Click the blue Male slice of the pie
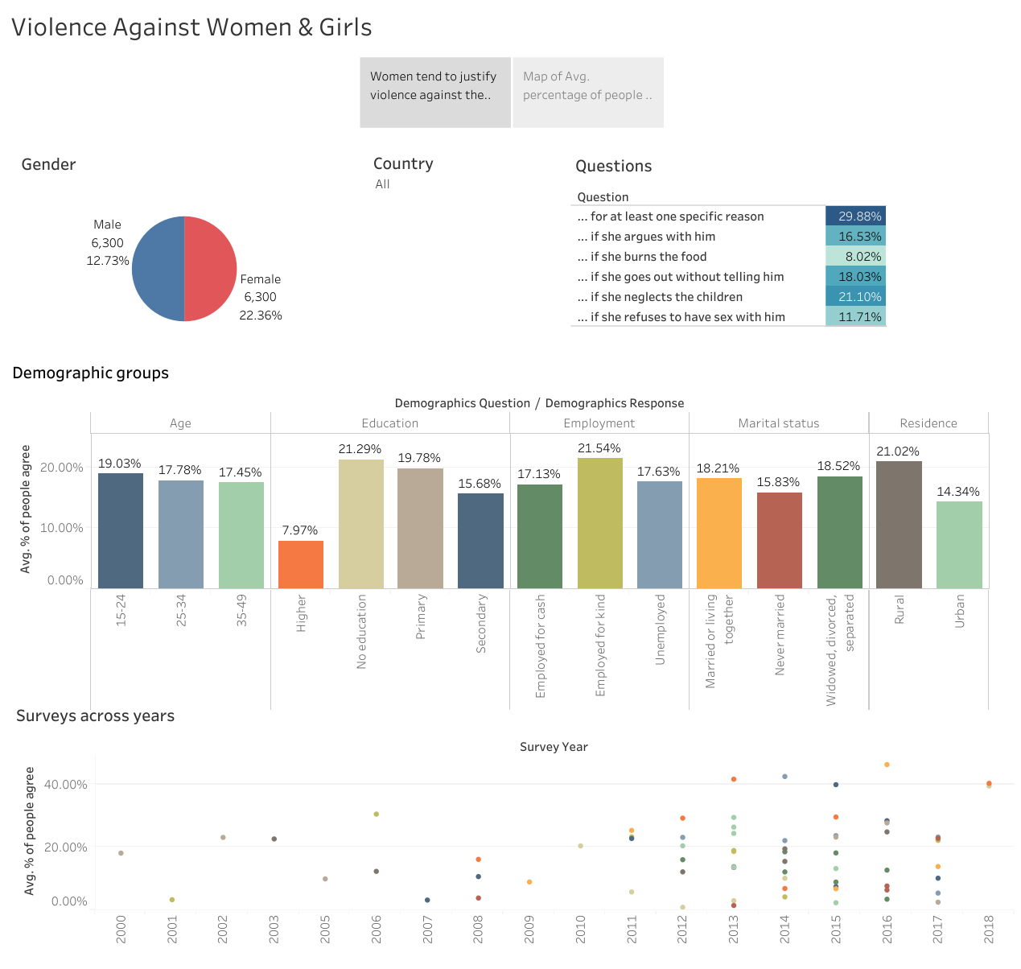(159, 269)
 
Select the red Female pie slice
(211, 269)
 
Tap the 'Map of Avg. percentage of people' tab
(587, 93)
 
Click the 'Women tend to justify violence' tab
(434, 93)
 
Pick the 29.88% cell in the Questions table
(855, 216)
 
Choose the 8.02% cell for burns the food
(855, 257)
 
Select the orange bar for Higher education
(301, 564)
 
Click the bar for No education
(361, 523)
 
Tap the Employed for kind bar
(599, 523)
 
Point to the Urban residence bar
(959, 545)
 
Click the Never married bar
(779, 540)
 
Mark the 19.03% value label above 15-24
(120, 464)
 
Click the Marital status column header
(779, 423)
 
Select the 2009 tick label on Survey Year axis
(529, 930)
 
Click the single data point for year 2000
(121, 853)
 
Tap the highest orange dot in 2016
(887, 765)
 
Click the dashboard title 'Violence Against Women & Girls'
(191, 27)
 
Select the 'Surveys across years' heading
(95, 716)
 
